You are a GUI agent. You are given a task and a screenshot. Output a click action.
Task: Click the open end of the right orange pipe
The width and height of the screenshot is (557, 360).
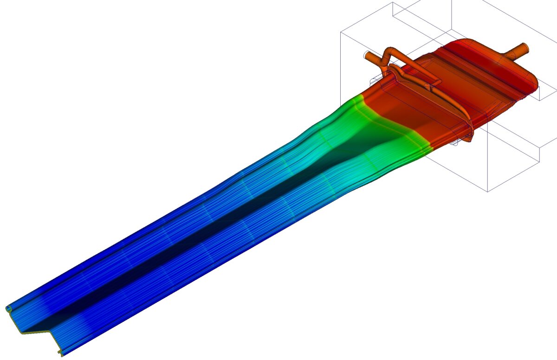point(525,47)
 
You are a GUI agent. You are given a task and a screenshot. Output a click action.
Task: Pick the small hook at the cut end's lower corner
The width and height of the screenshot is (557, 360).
point(61,354)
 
